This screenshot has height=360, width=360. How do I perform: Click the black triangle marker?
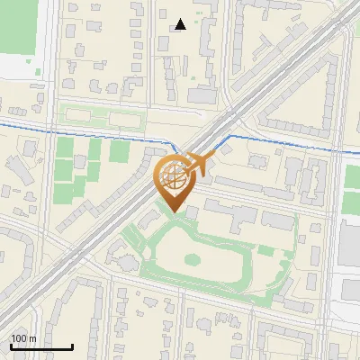click(181, 24)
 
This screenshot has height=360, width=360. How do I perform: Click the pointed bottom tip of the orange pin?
click(174, 212)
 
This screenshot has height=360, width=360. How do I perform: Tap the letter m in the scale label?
click(32, 338)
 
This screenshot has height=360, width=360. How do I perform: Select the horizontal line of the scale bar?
click(41, 347)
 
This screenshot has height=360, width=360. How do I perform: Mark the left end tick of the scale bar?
click(11, 346)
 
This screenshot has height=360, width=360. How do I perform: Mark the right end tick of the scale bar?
click(72, 346)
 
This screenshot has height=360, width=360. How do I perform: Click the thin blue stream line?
click(90, 131)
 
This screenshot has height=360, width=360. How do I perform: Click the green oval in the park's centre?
click(192, 259)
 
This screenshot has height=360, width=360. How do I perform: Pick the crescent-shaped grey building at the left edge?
click(15, 171)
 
